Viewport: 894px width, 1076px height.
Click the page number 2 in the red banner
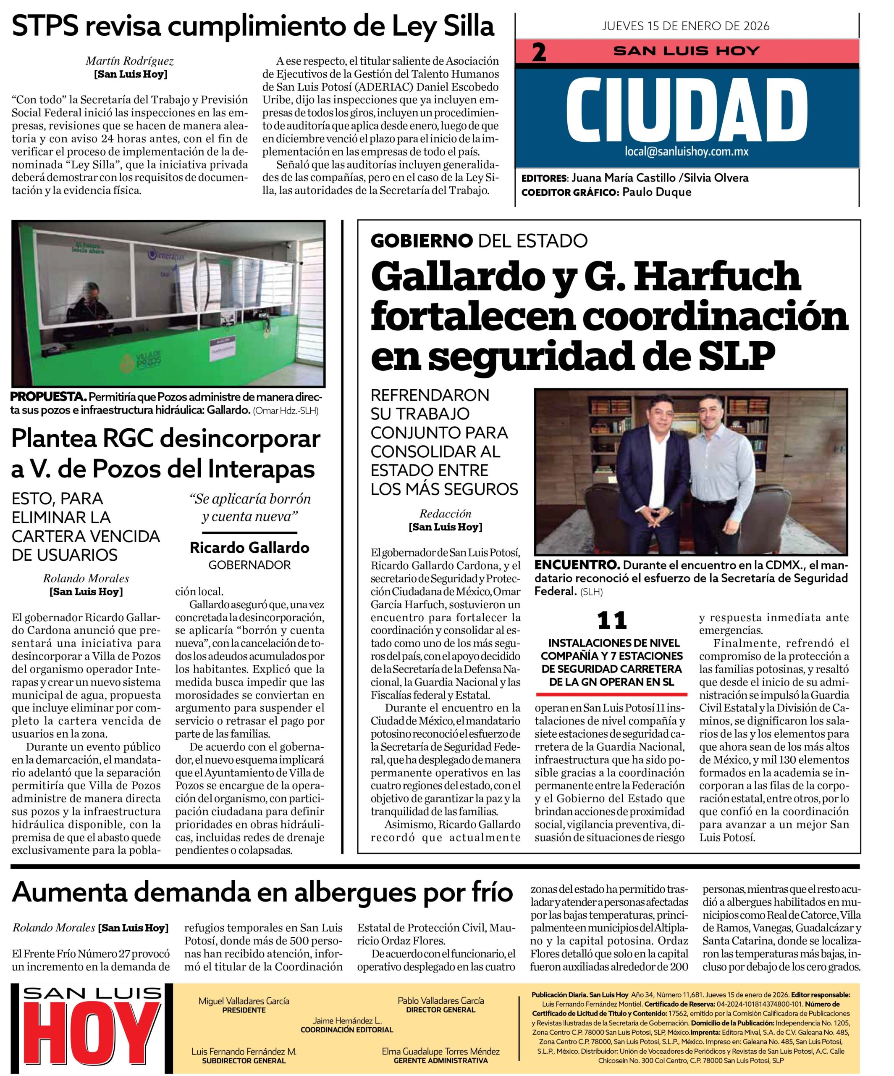(539, 53)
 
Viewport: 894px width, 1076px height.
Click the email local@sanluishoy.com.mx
(686, 152)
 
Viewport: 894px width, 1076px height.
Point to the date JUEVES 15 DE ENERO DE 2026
(686, 26)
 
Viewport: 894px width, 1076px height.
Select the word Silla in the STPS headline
(469, 26)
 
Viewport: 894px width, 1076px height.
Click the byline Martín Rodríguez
(129, 61)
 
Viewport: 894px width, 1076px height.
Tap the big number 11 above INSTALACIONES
(612, 621)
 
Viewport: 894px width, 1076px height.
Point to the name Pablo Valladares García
(440, 1000)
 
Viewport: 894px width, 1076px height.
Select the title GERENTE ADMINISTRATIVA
(440, 1060)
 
